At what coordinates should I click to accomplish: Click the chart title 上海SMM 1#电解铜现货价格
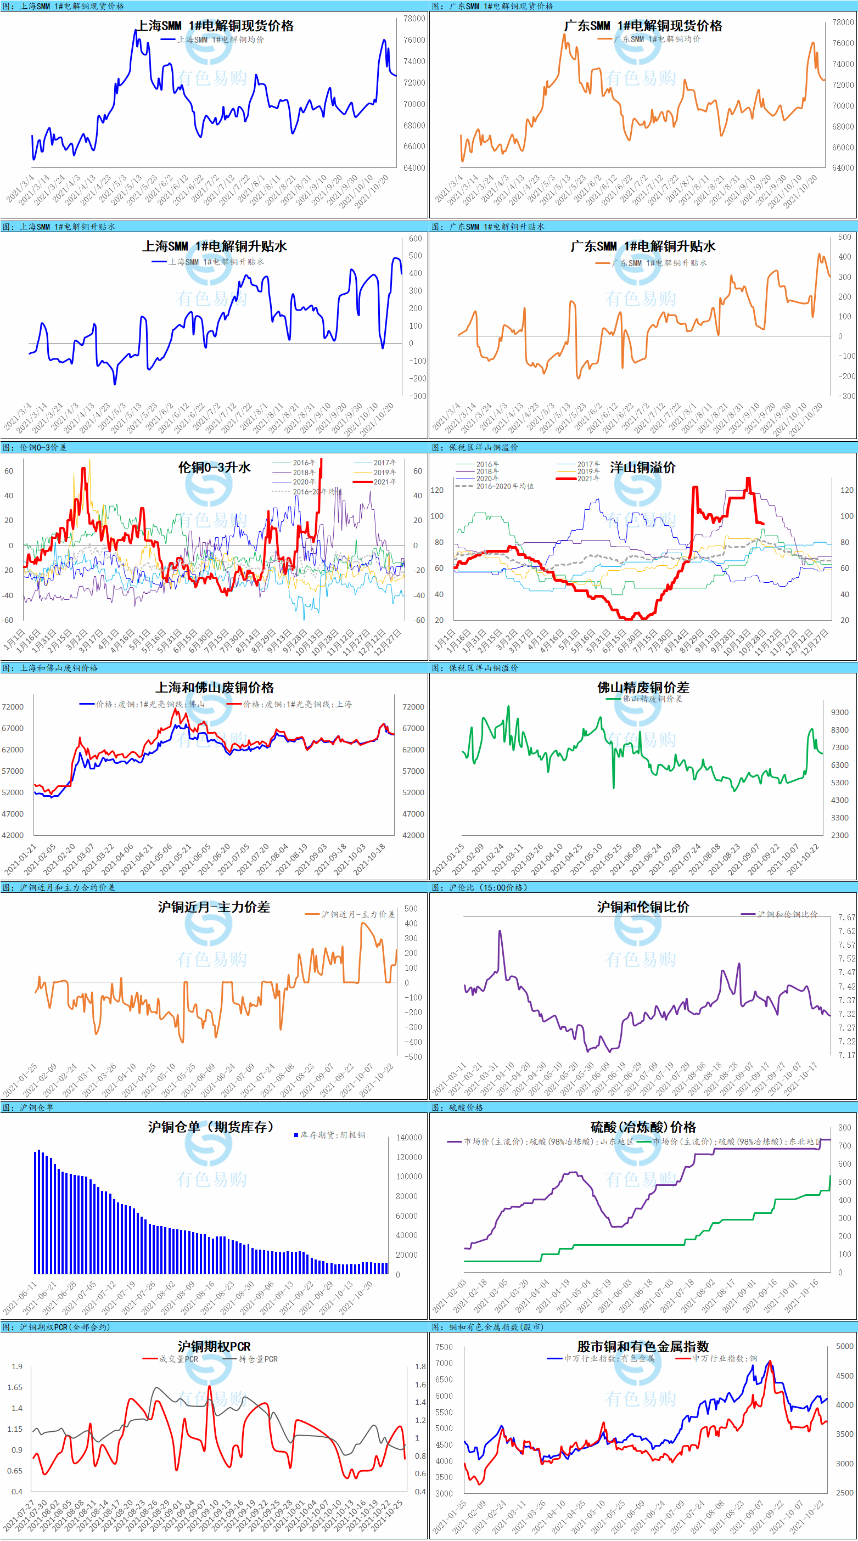[x=215, y=26]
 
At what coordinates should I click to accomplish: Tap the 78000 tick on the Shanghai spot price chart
[x=414, y=19]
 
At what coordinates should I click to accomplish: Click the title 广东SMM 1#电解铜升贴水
[x=643, y=246]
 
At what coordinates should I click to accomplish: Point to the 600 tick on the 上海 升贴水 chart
[x=415, y=239]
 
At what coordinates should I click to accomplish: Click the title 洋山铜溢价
[x=643, y=467]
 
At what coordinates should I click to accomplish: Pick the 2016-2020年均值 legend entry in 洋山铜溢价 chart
[x=504, y=486]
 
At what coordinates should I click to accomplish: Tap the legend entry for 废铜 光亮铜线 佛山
[x=149, y=704]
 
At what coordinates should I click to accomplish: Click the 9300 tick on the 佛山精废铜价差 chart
[x=839, y=712]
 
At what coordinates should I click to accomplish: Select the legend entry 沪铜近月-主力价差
[x=358, y=914]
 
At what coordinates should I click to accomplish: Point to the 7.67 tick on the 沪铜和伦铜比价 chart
[x=846, y=917]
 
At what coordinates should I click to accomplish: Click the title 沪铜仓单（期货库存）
[x=211, y=1127]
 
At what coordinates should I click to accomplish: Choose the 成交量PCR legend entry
[x=178, y=1359]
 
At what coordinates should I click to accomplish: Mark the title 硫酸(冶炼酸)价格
[x=643, y=1127]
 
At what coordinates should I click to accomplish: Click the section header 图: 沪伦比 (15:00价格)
[x=480, y=887]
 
